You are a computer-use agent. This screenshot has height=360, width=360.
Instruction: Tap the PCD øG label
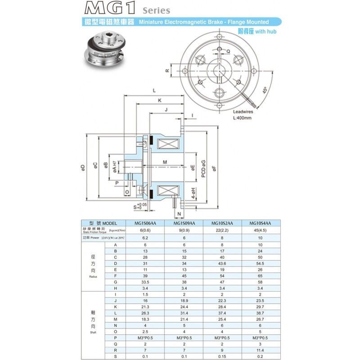[203, 169]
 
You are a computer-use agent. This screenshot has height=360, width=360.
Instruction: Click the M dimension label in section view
[165, 161]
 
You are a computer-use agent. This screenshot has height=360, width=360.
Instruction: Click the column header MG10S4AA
[260, 223]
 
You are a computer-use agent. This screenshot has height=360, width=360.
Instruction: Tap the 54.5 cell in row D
[260, 263]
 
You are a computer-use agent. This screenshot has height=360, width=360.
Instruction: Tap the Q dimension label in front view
[229, 51]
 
